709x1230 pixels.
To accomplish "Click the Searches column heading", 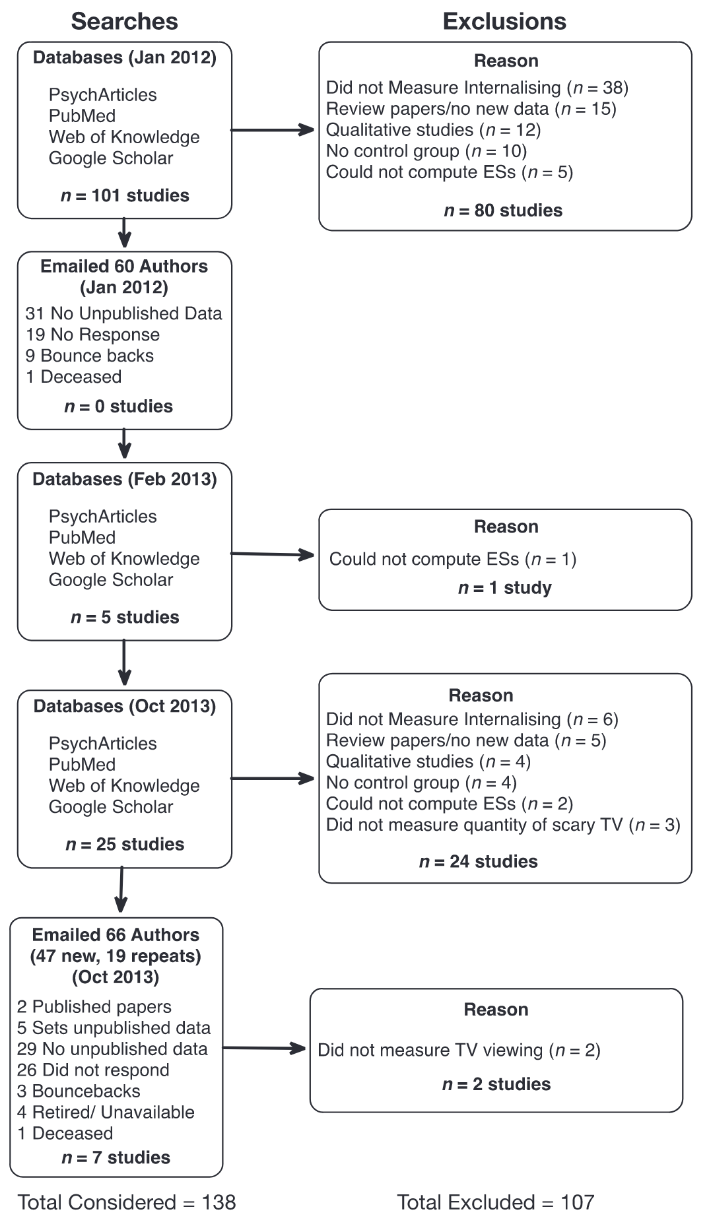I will coord(124,22).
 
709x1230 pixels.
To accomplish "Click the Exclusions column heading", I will coord(504,22).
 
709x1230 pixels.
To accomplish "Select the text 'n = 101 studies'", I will coord(125,195).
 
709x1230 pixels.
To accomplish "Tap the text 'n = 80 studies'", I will coord(503,210).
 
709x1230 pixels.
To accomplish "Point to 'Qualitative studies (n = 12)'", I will coord(433,130).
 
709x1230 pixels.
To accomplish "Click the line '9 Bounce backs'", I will coord(89,356).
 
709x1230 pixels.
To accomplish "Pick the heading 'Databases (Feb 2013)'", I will coord(125,479).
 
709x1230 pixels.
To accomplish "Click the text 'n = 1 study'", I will coord(504,588).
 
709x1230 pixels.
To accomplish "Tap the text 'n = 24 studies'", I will coord(478,861).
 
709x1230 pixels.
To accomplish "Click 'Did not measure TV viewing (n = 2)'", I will coord(459,1050).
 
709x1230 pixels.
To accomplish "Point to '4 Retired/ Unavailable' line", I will coord(106,1112).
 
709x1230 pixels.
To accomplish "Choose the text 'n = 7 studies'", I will coord(116,1157).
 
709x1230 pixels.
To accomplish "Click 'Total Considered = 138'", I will coord(127,1202).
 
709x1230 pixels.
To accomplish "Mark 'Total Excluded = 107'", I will coord(495,1202).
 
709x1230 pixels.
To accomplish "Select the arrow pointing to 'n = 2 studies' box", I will coord(264,1047).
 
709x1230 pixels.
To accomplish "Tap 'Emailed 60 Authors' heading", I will coord(124,267).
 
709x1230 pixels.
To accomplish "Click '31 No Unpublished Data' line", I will coord(123,313).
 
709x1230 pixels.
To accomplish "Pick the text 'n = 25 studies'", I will coord(125,844).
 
